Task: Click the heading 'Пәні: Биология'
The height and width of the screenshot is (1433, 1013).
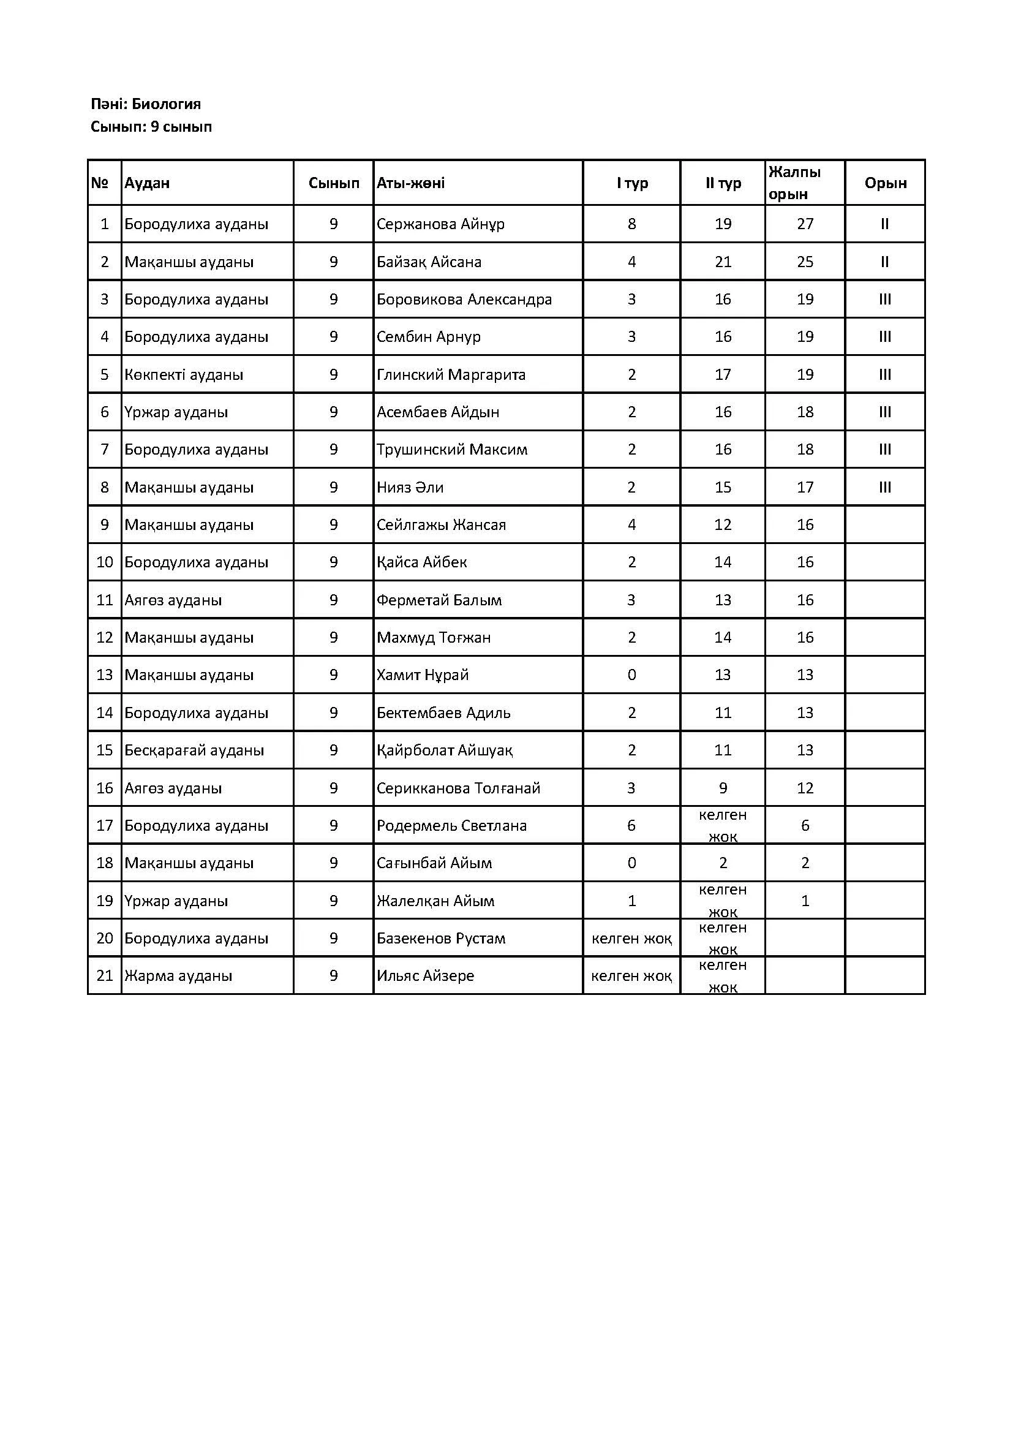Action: pyautogui.click(x=145, y=104)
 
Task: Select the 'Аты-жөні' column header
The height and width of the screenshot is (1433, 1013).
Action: pyautogui.click(x=410, y=183)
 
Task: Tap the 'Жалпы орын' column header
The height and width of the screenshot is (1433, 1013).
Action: pyautogui.click(x=794, y=182)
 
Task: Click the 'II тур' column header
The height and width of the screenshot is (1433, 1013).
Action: pyautogui.click(x=723, y=183)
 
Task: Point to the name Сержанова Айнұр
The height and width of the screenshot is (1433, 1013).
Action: pyautogui.click(x=440, y=224)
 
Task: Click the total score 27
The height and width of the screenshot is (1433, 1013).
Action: pyautogui.click(x=805, y=224)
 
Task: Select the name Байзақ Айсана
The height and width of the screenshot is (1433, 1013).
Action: pyautogui.click(x=429, y=262)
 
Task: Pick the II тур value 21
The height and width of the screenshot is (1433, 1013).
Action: pyautogui.click(x=723, y=262)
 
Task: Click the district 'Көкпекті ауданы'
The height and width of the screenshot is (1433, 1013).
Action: pyautogui.click(x=183, y=374)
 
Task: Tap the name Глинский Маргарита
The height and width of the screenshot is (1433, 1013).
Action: pyautogui.click(x=451, y=374)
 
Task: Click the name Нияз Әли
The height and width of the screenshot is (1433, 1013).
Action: pyautogui.click(x=410, y=487)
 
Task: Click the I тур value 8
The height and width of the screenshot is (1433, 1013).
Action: pyautogui.click(x=631, y=224)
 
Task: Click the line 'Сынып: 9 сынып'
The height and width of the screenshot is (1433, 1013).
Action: pyautogui.click(x=151, y=127)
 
